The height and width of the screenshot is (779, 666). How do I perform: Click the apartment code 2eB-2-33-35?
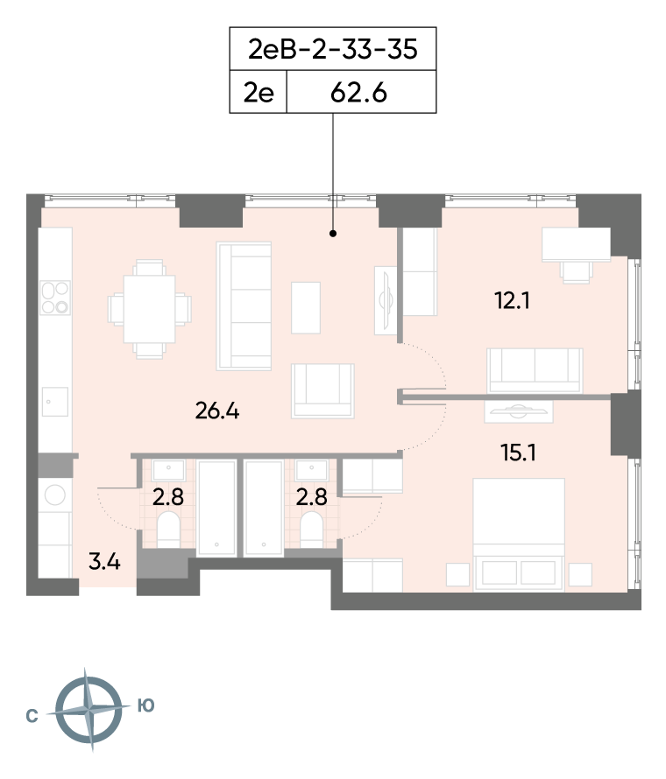coord(333,49)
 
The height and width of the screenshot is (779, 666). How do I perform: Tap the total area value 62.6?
coord(358,93)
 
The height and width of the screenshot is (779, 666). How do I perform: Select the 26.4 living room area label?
coord(217,411)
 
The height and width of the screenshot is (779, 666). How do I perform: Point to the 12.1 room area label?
coord(512,300)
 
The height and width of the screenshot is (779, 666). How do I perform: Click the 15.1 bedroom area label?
coord(518,453)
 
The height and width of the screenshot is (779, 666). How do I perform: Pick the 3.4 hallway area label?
coord(104,562)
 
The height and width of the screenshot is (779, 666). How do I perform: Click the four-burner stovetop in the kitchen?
coord(55,298)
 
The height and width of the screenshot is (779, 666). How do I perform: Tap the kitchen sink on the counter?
coord(54,402)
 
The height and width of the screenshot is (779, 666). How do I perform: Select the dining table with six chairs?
coord(149,309)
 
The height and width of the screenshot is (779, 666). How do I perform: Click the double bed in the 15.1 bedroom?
coord(519,535)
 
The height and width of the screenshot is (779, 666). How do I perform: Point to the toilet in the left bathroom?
coord(168,530)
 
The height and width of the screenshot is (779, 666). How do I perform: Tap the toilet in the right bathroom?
coord(312,530)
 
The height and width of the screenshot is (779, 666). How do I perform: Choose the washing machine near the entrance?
coord(54,495)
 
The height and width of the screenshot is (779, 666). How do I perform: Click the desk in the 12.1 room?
coord(576,244)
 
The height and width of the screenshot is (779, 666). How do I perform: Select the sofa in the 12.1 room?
coord(535,370)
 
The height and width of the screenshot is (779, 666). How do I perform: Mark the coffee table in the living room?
coord(305,307)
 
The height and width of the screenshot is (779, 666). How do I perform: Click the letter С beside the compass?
coord(32,716)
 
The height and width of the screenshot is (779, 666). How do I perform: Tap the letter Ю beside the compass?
coord(145,705)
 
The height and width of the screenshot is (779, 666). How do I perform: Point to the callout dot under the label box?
coord(333,233)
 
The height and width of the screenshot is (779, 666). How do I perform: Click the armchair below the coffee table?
coord(322,391)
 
